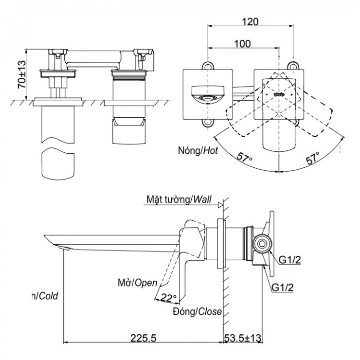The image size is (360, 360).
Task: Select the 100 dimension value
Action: [242, 44]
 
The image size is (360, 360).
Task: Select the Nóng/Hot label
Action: [198, 151]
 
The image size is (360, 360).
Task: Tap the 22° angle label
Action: [168, 297]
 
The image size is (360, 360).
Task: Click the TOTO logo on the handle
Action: [279, 94]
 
